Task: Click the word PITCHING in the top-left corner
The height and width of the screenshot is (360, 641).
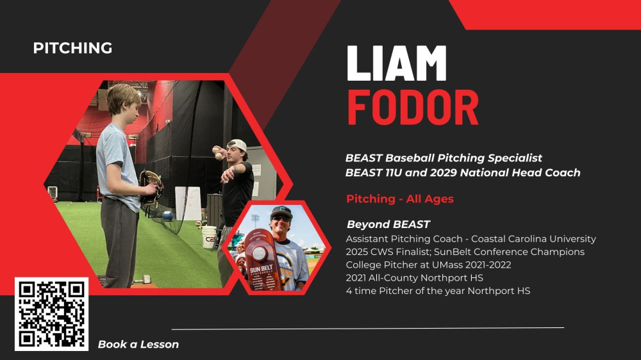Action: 73,48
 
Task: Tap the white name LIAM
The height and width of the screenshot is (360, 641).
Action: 397,63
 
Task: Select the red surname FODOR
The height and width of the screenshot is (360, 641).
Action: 413,108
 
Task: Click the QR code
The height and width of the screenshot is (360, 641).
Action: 51,315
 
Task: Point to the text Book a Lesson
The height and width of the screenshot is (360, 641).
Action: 138,345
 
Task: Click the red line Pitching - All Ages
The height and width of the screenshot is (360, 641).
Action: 400,199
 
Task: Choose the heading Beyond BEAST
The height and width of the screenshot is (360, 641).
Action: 388,224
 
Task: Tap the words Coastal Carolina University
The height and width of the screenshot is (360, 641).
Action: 533,239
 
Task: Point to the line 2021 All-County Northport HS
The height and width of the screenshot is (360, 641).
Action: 415,278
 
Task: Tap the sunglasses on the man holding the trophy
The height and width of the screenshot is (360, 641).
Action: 281,218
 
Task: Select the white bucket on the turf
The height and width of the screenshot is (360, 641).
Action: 209,237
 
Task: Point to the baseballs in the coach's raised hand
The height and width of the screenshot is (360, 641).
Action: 217,152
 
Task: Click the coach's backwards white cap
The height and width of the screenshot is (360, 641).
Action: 238,145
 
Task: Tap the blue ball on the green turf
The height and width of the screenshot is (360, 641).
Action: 167,216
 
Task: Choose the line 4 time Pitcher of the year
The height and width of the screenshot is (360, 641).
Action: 438,291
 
